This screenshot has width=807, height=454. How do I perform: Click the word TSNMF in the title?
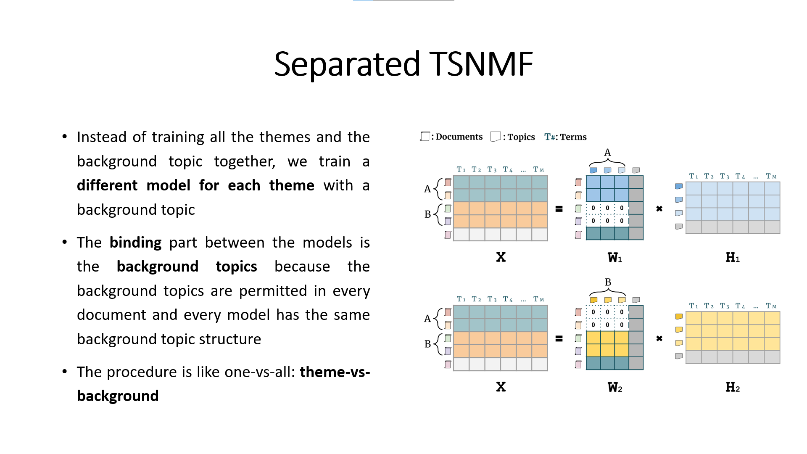(x=481, y=64)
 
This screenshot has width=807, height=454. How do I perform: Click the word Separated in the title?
(x=347, y=64)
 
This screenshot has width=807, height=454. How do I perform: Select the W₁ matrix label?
(x=614, y=258)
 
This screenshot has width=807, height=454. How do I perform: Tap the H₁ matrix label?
(x=732, y=258)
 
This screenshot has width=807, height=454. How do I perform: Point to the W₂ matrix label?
(x=614, y=387)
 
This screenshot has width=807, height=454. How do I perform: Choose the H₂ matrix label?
(x=732, y=387)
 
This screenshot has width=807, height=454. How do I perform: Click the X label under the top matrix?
(x=501, y=257)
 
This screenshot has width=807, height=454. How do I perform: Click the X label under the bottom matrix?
(x=501, y=387)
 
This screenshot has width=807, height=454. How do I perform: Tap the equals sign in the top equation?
(x=559, y=209)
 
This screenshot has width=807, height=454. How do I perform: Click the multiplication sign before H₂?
(x=659, y=338)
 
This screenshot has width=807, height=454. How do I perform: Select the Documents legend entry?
(x=452, y=137)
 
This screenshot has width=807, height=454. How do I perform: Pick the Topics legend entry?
(x=513, y=137)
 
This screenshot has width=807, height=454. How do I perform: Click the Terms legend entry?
(x=565, y=137)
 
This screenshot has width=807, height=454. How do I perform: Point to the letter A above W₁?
(x=607, y=153)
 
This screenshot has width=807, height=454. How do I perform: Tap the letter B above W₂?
(x=608, y=282)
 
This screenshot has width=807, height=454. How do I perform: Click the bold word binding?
(x=135, y=243)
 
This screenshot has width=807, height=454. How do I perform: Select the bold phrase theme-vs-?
(x=335, y=372)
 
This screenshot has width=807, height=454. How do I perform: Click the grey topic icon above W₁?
(x=636, y=170)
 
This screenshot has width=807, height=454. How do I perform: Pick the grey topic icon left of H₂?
(x=678, y=356)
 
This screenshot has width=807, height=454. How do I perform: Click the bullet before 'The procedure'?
(x=65, y=372)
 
